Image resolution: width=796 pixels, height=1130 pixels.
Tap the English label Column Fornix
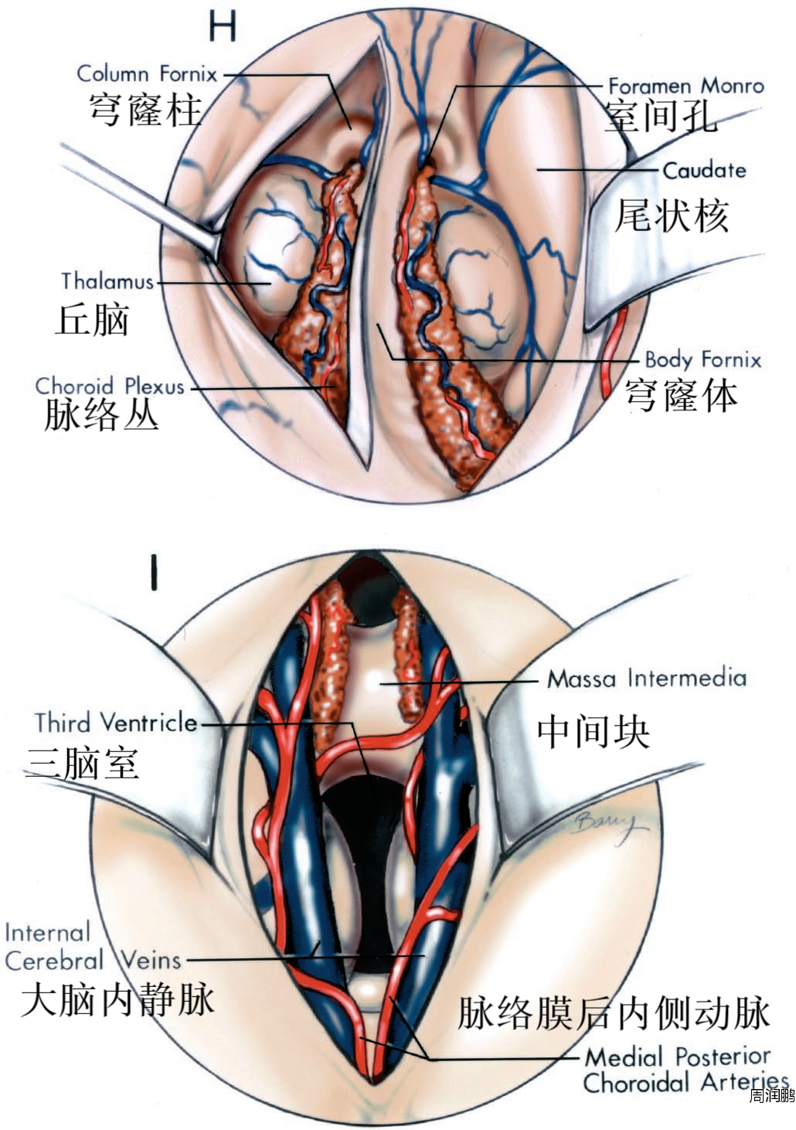coord(147,74)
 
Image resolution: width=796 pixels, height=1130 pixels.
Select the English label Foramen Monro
coord(685,86)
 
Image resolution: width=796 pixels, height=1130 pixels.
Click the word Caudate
coord(704,170)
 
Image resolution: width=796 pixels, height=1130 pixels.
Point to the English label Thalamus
coord(107,281)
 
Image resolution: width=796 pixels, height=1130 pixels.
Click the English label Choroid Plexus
coord(111,386)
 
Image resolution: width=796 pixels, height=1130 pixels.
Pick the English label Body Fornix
coord(702,359)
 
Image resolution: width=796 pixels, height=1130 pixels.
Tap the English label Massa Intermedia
coord(647,679)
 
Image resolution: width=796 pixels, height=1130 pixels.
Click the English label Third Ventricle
coord(116,723)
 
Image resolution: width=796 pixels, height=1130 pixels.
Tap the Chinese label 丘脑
coord(92,319)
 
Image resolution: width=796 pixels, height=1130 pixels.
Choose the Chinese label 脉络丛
coord(101,416)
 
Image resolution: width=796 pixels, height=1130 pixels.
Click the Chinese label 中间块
coord(594,730)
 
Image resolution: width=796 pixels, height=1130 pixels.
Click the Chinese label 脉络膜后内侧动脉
coord(614,1013)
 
